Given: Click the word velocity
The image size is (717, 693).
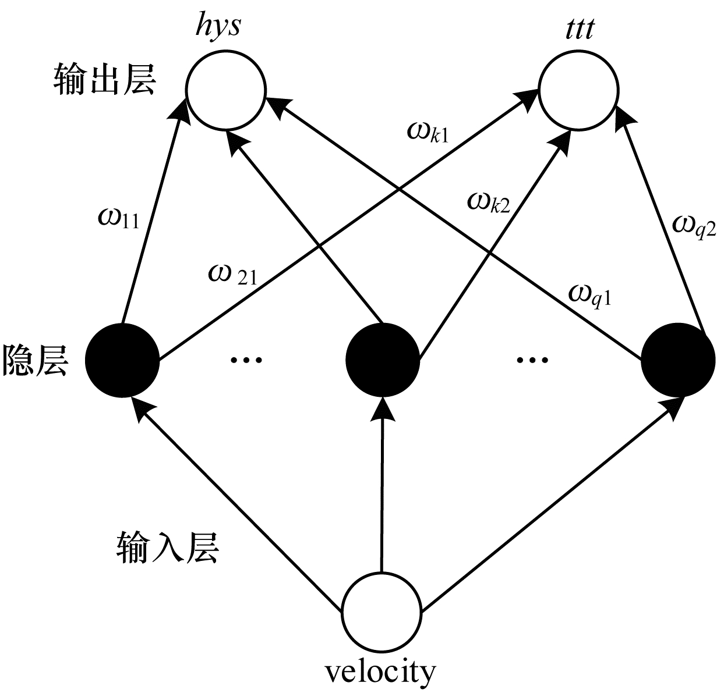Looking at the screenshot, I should click(x=380, y=672).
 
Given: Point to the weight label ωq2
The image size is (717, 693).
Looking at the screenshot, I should click(x=694, y=225).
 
